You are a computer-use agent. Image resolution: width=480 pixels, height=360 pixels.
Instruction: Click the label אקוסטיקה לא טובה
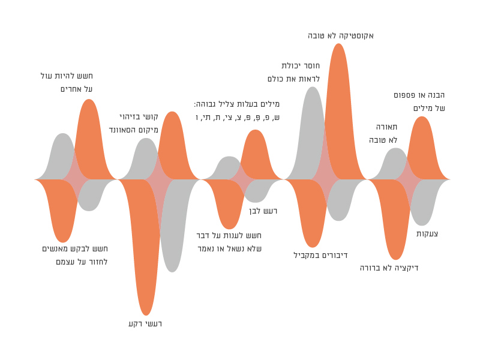341,35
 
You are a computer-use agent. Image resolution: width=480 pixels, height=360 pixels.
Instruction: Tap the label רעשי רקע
145,323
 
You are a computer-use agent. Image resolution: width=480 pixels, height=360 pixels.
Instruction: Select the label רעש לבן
263,211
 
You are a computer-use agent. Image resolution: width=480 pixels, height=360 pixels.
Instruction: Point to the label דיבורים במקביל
320,255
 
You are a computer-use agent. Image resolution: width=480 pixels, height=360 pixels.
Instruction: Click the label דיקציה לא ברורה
389,268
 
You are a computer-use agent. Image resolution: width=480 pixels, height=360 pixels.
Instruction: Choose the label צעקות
427,233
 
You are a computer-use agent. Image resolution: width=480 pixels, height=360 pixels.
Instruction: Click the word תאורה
386,127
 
